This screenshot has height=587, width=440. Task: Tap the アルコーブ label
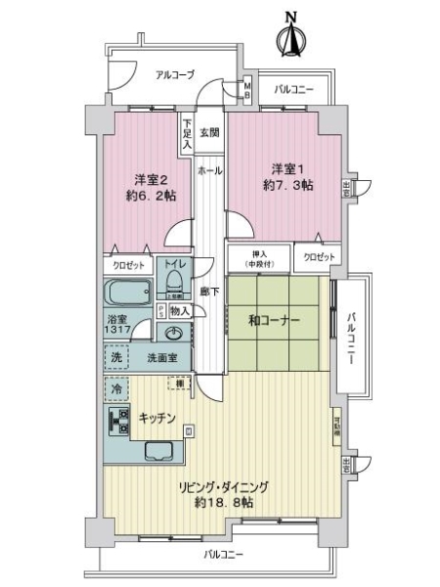point(175,74)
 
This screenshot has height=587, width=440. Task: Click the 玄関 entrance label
point(209,131)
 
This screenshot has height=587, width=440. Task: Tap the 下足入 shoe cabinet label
point(186,134)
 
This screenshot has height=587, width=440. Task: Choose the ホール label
point(208,169)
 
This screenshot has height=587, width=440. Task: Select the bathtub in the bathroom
point(127,293)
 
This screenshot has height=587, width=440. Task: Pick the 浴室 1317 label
point(119,326)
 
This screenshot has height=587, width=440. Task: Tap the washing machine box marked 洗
point(116,358)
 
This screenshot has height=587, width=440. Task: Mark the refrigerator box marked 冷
point(116,390)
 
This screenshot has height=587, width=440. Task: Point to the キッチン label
point(155,418)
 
